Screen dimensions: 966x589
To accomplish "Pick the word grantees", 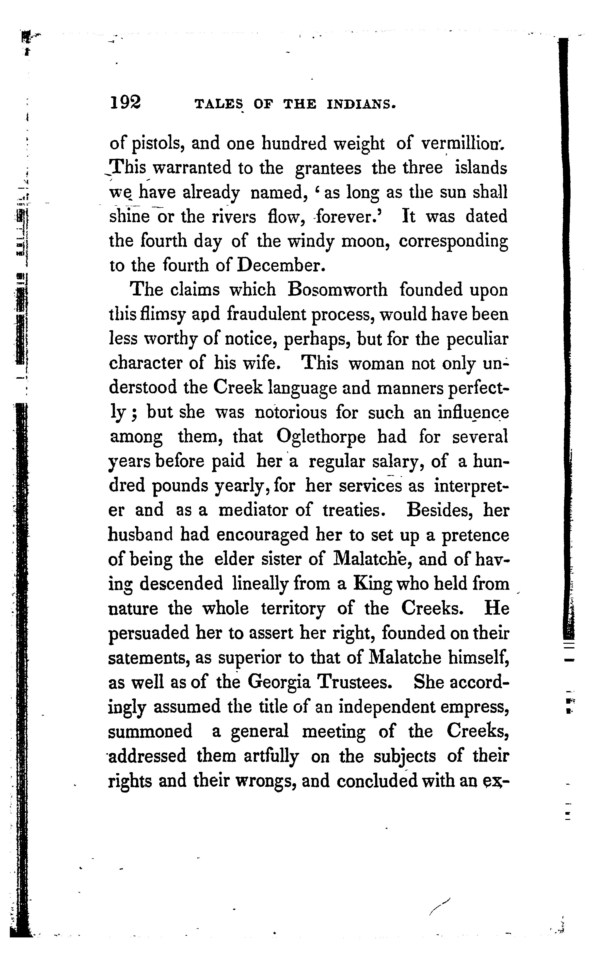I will click(328, 169).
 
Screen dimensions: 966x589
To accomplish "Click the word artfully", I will click(271, 756).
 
